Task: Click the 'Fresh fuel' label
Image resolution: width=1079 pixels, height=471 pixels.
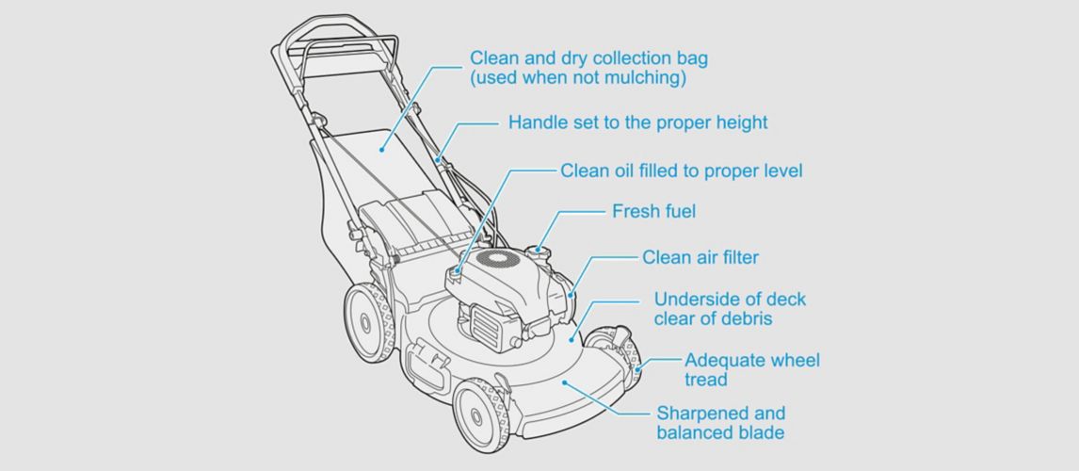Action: (x=653, y=211)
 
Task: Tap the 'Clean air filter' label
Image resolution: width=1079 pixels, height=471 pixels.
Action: (x=700, y=256)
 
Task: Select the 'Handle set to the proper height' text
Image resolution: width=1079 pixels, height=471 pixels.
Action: (x=637, y=122)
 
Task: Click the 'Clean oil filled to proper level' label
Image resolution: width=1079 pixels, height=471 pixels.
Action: (x=681, y=171)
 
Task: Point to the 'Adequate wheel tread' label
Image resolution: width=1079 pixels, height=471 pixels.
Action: (x=751, y=369)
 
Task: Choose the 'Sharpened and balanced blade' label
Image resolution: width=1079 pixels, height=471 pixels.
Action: (x=720, y=423)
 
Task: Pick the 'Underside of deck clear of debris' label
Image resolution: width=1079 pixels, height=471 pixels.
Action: (x=730, y=309)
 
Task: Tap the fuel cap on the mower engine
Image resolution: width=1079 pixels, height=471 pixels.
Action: (x=539, y=250)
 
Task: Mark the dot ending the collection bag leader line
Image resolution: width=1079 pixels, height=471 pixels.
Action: (x=383, y=147)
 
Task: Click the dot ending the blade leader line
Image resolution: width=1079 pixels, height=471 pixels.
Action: (x=564, y=382)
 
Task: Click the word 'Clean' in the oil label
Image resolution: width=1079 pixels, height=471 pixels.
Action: (x=584, y=171)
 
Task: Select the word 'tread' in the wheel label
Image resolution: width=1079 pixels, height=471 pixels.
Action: (x=705, y=380)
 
